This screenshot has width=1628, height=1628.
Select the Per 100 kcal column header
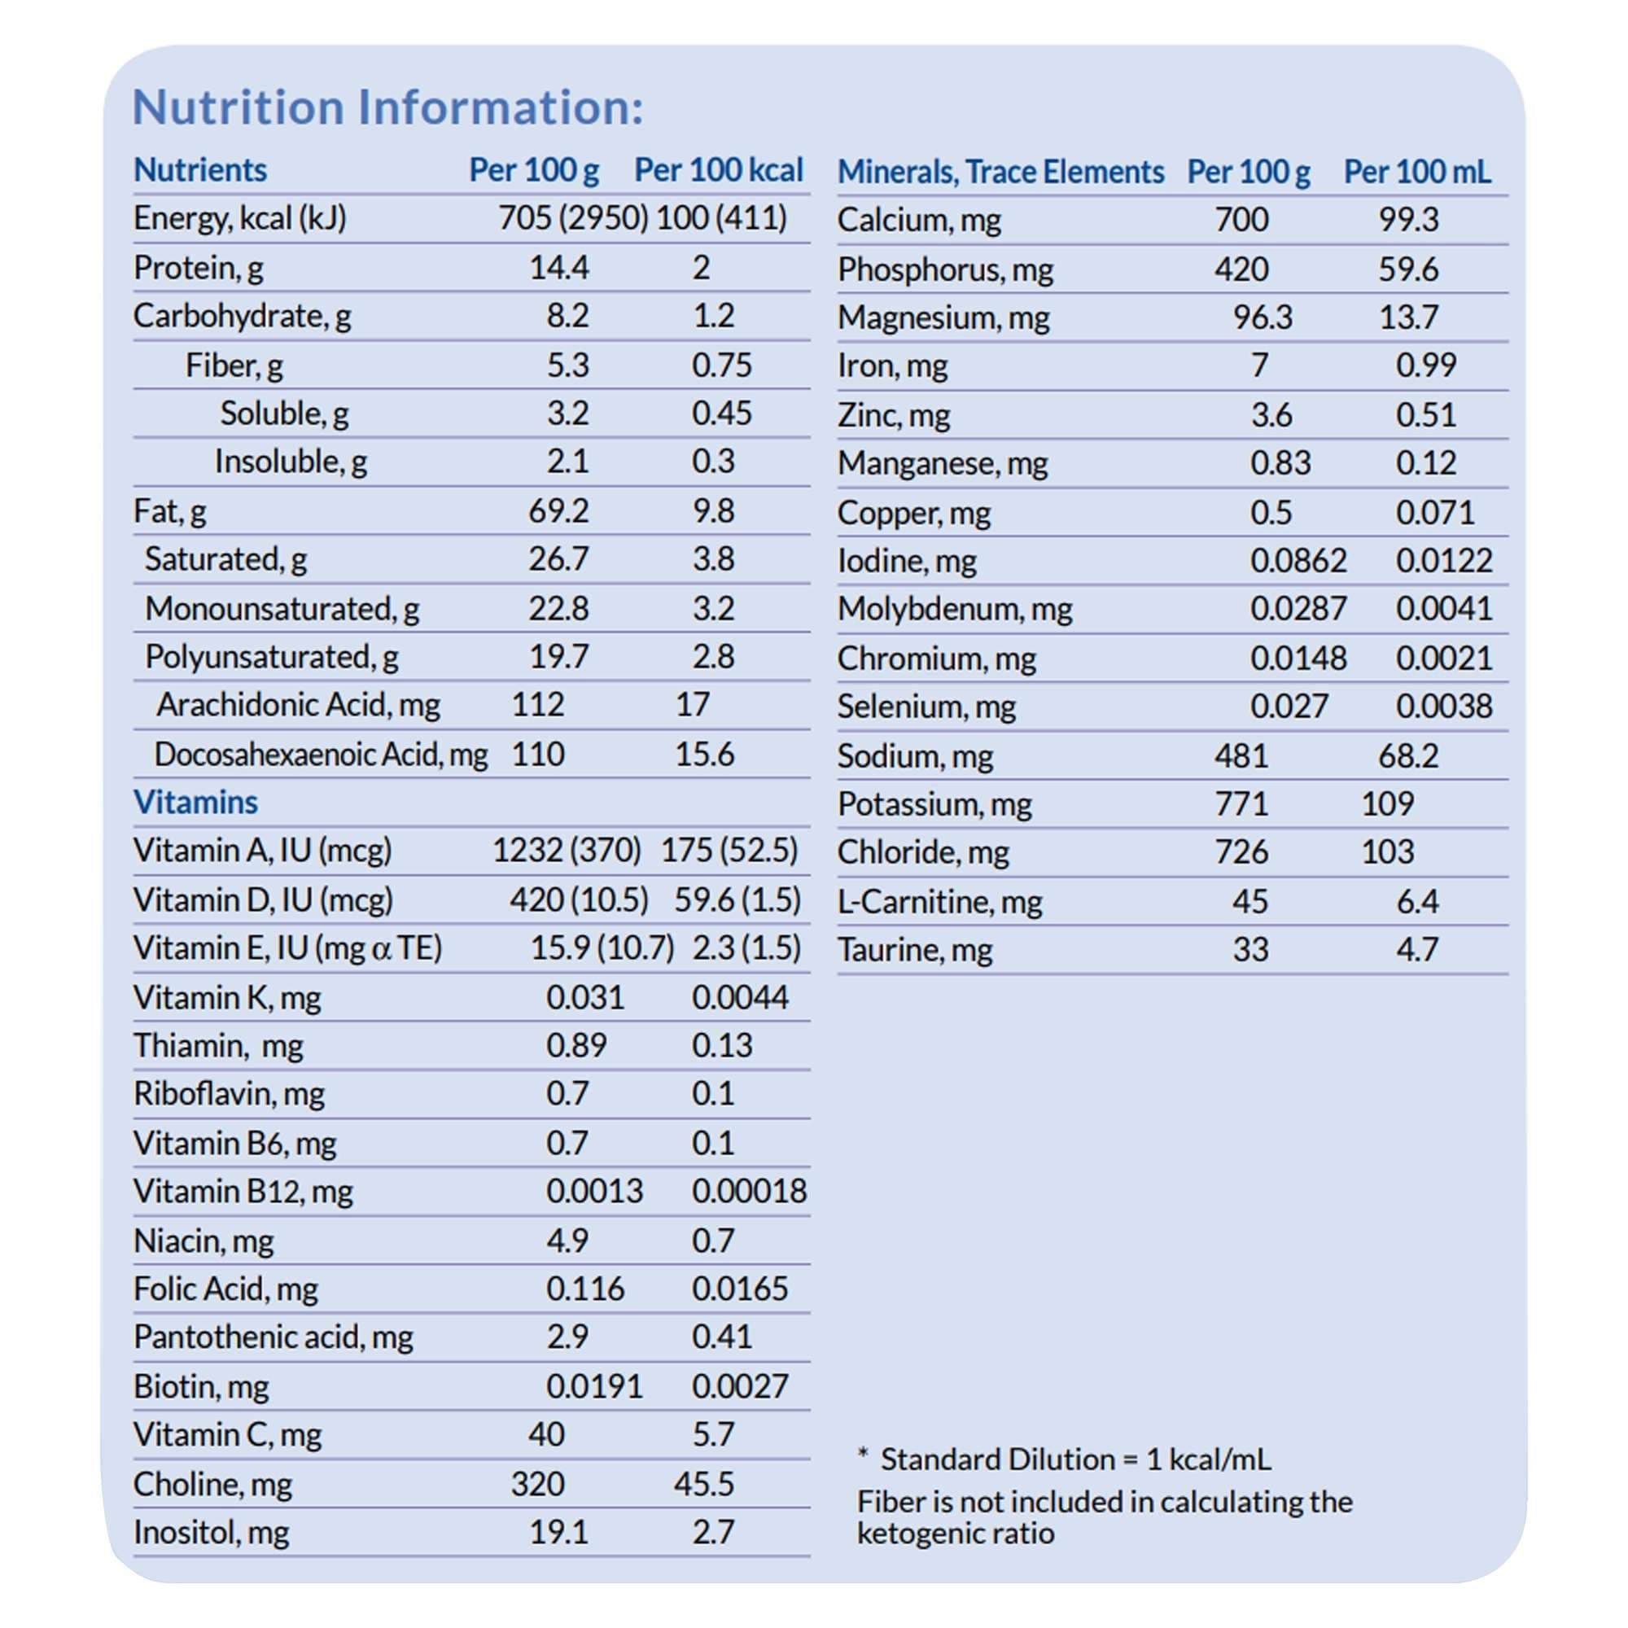pos(718,170)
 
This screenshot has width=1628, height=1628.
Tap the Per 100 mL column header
pos(1416,172)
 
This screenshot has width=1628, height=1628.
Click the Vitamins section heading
pos(195,803)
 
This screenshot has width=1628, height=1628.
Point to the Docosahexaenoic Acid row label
pos(320,755)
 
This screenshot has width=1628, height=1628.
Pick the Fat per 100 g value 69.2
pos(558,510)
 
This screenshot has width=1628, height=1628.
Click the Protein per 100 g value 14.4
pos(558,268)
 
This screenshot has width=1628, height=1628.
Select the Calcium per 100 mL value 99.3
pos(1408,220)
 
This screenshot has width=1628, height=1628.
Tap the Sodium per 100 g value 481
pos(1241,756)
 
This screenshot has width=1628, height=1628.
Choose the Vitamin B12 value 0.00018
pos(749,1192)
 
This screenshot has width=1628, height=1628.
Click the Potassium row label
pos(934,804)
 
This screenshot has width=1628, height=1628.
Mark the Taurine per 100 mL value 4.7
pos(1416,950)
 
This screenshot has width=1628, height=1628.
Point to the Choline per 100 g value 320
pos(536,1484)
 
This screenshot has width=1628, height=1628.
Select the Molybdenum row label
pos(954,608)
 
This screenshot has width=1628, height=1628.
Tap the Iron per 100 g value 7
pos(1259,365)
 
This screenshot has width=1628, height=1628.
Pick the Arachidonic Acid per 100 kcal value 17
pos(692,704)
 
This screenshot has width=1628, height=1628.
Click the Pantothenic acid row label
pos(273,1337)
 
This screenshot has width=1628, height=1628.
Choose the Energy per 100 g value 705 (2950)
pos(572,218)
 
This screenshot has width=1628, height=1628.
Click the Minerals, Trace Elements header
pos(1000,172)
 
